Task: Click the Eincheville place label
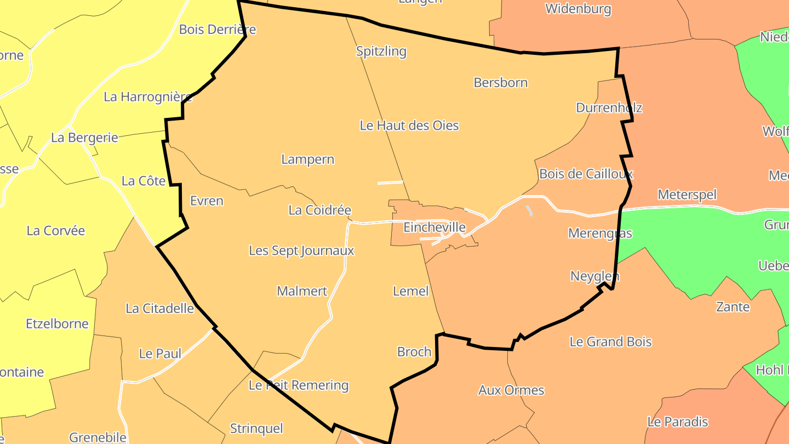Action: pyautogui.click(x=434, y=227)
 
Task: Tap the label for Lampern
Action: pyautogui.click(x=307, y=160)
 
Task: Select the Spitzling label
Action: pyautogui.click(x=381, y=52)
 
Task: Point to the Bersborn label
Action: pyautogui.click(x=501, y=83)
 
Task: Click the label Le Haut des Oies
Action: pyautogui.click(x=409, y=126)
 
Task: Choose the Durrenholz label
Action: pyautogui.click(x=609, y=107)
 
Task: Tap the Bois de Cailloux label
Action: pyautogui.click(x=586, y=174)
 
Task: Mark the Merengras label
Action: pyautogui.click(x=600, y=234)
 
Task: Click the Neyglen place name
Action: pyautogui.click(x=594, y=276)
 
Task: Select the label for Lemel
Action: pyautogui.click(x=410, y=291)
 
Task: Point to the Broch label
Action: pyautogui.click(x=414, y=352)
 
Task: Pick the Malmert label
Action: pyautogui.click(x=302, y=291)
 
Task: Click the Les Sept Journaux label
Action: pyautogui.click(x=301, y=251)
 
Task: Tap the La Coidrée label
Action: pyautogui.click(x=319, y=210)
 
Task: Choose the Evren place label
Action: pyautogui.click(x=207, y=201)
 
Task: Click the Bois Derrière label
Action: pyautogui.click(x=218, y=29)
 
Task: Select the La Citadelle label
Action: pyautogui.click(x=159, y=308)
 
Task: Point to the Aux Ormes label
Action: pyautogui.click(x=511, y=390)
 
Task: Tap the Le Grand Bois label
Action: pyautogui.click(x=610, y=342)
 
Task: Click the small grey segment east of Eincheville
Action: pyautogui.click(x=529, y=210)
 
